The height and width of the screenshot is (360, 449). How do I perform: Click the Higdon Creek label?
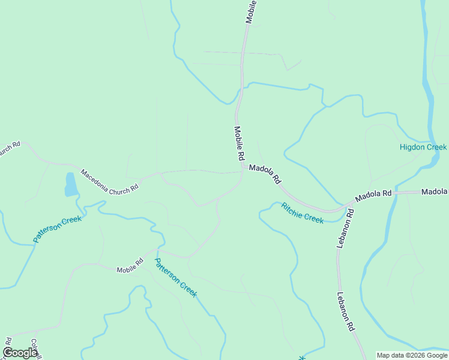click(x=423, y=147)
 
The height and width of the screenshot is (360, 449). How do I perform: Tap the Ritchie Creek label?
click(x=303, y=213)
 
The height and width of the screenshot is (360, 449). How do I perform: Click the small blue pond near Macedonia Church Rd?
click(x=71, y=185)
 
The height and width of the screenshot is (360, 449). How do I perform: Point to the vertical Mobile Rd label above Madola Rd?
click(x=239, y=143)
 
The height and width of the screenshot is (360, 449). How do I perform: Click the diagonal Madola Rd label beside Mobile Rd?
click(x=265, y=174)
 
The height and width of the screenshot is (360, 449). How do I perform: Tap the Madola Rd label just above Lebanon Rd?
click(x=373, y=195)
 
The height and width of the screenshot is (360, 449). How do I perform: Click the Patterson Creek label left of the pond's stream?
click(x=57, y=229)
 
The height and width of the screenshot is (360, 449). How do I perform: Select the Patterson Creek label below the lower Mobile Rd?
click(x=175, y=277)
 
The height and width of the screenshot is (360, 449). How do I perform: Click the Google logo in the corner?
click(x=20, y=353)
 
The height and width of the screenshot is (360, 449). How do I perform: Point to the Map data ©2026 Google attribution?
click(x=412, y=355)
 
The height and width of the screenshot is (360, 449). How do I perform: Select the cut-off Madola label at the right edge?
click(x=435, y=192)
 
